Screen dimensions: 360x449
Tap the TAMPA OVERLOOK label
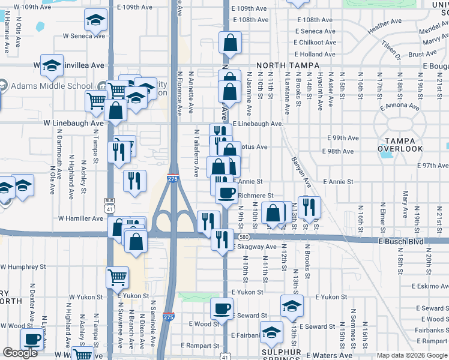coord(400,145)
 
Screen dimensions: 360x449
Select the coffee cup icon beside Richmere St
coord(226,193)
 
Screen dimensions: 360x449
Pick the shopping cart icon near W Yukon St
coord(117,277)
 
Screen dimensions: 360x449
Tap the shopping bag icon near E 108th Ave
coord(230,43)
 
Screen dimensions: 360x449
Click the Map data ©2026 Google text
coord(412,355)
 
